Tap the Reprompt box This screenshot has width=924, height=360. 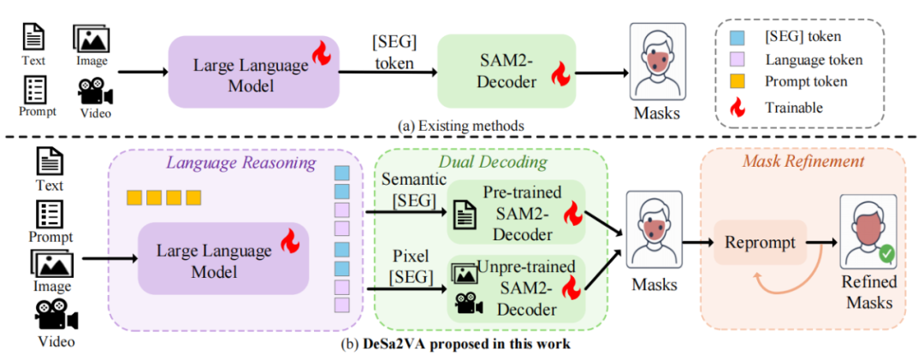(x=760, y=243)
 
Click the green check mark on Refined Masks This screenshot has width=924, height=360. (x=886, y=253)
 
